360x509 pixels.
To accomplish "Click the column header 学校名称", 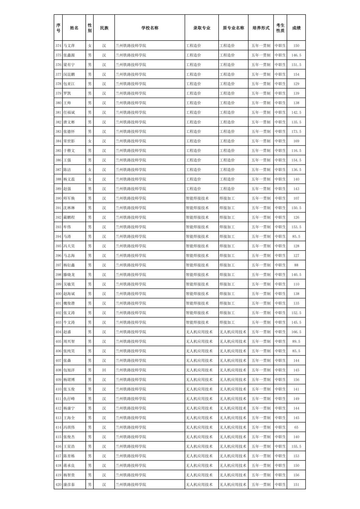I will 149,28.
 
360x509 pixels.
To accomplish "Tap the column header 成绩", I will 296,28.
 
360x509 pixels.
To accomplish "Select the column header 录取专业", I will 201,28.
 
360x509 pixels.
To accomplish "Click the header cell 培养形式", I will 261,28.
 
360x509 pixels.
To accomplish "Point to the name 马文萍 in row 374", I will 69,46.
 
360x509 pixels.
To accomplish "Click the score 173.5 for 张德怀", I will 296,131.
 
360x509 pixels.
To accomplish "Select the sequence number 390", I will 58,198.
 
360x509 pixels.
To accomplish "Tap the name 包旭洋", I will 69,370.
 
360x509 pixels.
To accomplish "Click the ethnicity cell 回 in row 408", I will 104,370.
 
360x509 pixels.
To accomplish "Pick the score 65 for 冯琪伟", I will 296,427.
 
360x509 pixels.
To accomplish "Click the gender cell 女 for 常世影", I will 90,141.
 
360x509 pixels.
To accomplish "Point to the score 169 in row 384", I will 296,141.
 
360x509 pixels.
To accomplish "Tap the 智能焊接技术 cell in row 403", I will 197,322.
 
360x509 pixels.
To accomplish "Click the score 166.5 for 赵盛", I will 296,332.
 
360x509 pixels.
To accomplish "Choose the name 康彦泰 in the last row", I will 69,485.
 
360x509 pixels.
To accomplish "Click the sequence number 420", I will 58,485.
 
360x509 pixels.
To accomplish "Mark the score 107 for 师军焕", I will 296,198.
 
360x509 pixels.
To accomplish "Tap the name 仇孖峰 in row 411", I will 69,399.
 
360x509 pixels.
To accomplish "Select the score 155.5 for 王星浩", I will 296,446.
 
